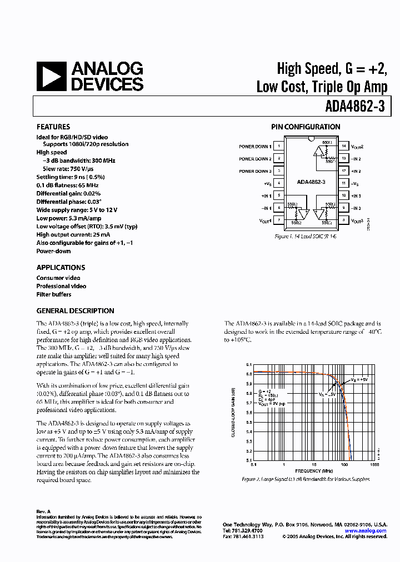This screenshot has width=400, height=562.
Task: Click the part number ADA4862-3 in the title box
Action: [356, 104]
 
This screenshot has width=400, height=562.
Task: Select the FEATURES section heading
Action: [53, 127]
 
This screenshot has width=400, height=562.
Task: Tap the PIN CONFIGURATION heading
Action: [306, 127]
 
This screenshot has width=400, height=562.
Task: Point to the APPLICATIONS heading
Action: [61, 267]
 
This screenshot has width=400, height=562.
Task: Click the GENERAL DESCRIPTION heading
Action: [75, 311]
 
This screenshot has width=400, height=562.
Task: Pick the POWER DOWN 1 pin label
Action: [255, 147]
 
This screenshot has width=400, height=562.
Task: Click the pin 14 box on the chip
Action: [343, 146]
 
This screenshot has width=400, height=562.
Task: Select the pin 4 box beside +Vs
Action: [278, 183]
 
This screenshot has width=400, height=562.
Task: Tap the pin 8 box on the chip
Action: [343, 220]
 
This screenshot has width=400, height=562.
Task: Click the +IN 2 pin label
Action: [356, 170]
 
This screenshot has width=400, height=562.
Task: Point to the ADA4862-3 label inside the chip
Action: [311, 182]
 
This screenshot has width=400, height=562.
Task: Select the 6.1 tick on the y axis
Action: [249, 365]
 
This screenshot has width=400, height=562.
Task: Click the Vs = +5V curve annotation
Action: [359, 380]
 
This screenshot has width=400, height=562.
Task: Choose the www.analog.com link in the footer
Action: [365, 531]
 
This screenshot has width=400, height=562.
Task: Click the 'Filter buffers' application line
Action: [54, 294]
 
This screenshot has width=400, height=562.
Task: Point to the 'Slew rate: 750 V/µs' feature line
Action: [66, 169]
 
